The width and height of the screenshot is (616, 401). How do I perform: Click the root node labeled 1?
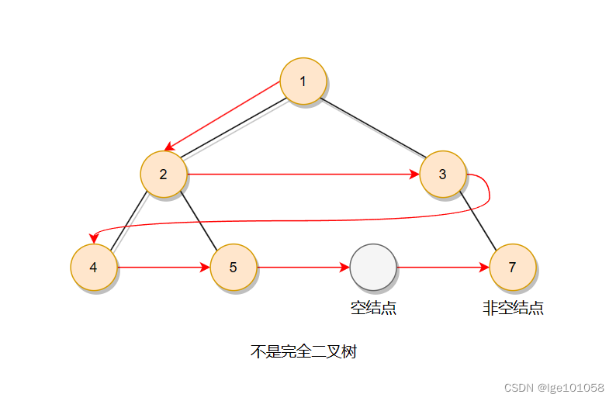(303, 81)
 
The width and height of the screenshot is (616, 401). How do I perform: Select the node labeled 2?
(163, 174)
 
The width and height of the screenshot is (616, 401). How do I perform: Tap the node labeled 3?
(442, 174)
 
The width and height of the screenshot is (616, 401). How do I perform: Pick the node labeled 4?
(93, 268)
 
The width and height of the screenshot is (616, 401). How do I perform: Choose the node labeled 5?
(233, 268)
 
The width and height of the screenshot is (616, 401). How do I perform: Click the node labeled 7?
(512, 268)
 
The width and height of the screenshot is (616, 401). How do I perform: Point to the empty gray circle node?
(373, 268)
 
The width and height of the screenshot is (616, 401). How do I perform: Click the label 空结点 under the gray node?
(373, 308)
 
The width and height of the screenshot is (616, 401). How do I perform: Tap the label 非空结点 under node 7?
(512, 308)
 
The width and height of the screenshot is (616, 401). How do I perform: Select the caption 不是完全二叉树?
(303, 352)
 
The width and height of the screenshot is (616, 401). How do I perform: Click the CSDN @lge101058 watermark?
(554, 387)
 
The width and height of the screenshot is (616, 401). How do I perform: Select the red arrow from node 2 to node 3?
(303, 174)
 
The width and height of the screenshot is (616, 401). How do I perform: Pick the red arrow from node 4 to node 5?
(163, 268)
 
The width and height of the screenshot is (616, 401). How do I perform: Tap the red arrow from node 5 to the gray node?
(303, 268)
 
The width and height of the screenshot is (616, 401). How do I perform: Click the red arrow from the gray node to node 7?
(442, 268)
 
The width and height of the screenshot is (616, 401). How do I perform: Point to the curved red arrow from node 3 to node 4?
(310, 223)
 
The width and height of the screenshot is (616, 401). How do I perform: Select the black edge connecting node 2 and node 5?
(198, 221)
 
